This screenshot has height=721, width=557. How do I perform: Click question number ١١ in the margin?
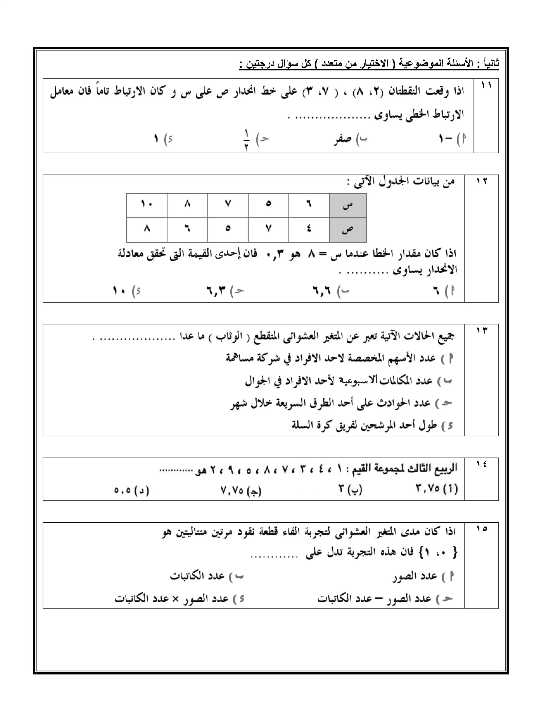[486, 85]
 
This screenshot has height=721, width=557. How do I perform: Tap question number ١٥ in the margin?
[481, 529]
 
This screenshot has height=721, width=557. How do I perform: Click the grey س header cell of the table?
[348, 205]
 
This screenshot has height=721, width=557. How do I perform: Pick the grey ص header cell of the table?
[348, 230]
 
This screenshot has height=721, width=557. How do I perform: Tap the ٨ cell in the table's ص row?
[147, 229]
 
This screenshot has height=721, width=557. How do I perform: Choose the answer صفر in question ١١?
[343, 139]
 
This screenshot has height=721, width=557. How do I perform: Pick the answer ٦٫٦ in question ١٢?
[322, 291]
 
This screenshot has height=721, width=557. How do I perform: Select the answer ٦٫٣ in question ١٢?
[216, 291]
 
